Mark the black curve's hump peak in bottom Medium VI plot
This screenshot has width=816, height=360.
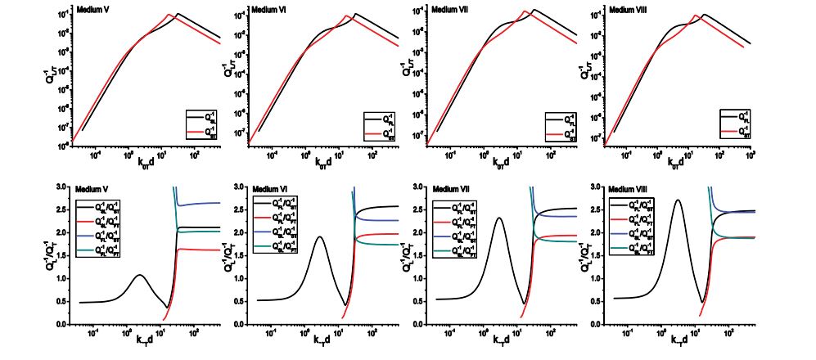(x=319, y=237)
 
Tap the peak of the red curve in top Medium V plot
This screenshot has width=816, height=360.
(x=168, y=15)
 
